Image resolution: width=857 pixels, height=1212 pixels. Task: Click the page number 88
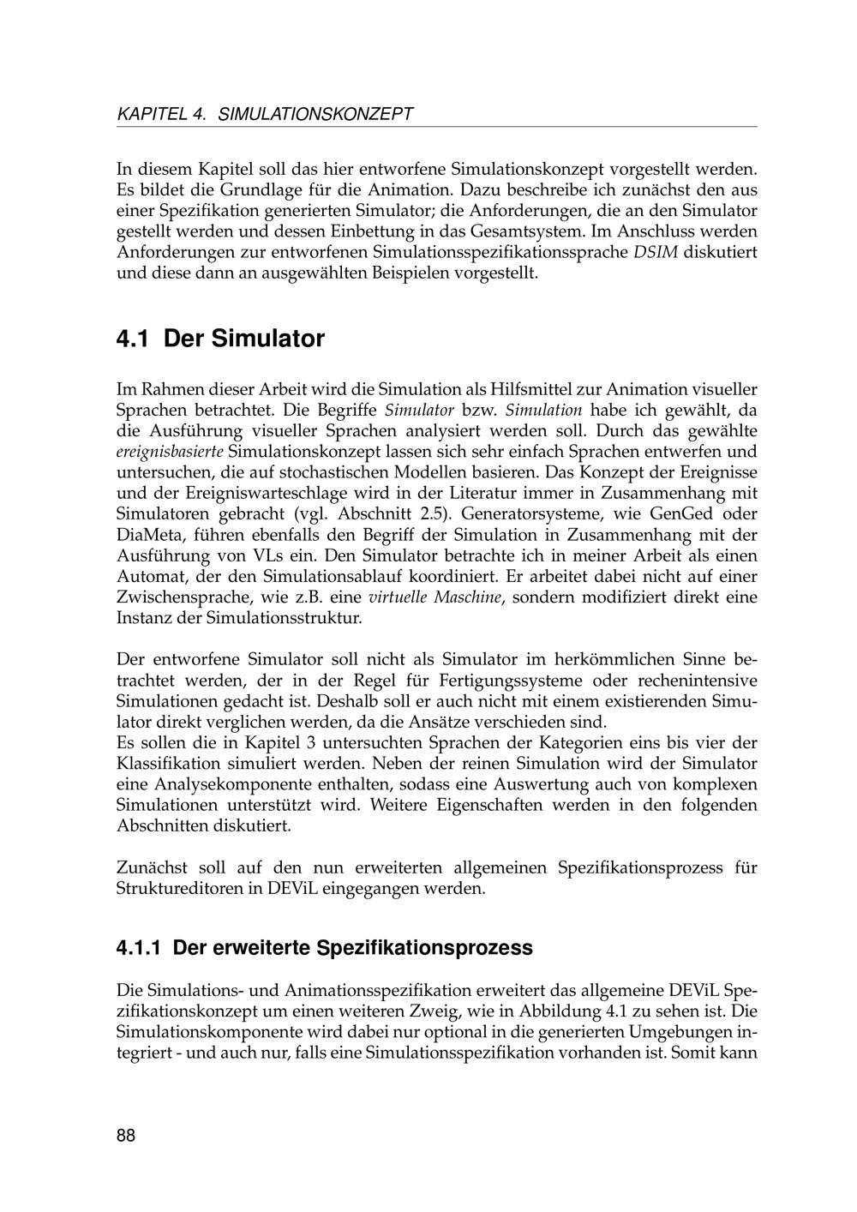coord(126,1136)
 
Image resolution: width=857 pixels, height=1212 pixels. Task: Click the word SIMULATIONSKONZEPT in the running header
coord(316,114)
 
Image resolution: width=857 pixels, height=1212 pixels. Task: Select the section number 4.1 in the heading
coord(133,339)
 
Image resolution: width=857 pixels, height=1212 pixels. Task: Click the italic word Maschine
coord(467,597)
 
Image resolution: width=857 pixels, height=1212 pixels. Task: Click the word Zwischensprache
coord(180,597)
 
